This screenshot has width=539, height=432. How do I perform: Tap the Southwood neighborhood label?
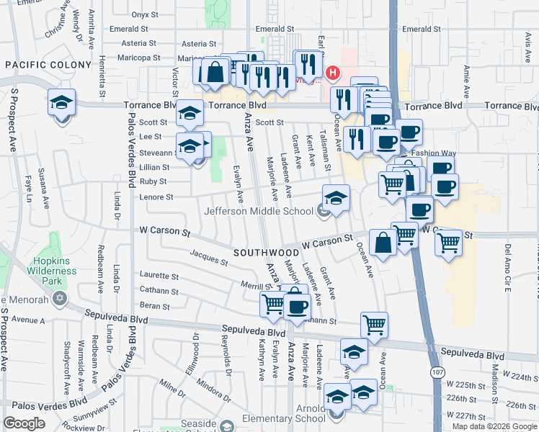point(266,253)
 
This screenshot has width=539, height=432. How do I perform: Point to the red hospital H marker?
point(332,73)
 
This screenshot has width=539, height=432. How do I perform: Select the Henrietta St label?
point(102,76)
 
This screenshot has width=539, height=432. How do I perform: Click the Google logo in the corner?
point(24,423)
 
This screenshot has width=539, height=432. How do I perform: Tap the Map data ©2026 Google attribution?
point(494,426)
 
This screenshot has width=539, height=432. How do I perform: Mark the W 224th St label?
point(521,377)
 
